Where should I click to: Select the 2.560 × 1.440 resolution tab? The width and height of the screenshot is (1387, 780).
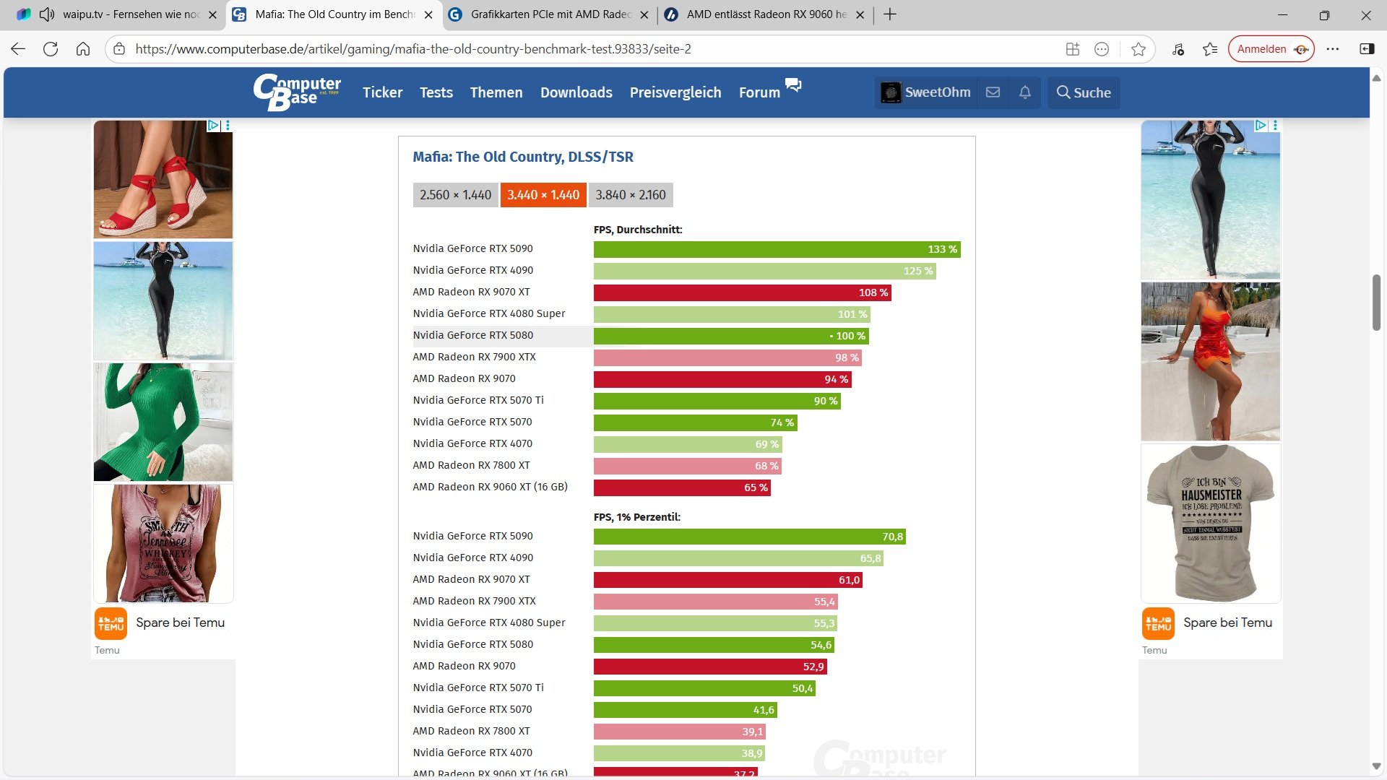tap(455, 195)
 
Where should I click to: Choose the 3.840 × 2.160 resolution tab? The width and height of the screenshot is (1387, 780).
tap(630, 195)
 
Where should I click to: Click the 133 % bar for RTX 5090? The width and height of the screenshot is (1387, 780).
tap(777, 249)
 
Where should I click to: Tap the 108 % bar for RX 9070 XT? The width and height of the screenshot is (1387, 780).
tap(742, 292)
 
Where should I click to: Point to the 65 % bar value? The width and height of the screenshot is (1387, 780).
tap(756, 487)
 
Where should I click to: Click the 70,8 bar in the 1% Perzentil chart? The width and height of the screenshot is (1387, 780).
tap(749, 537)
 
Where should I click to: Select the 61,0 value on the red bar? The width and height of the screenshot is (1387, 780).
tap(849, 580)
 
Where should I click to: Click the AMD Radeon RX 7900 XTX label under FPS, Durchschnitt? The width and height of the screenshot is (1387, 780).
tap(474, 357)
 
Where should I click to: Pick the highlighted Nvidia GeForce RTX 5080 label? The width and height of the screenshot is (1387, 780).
tap(472, 335)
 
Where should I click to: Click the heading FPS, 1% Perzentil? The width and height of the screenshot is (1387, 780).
tap(636, 517)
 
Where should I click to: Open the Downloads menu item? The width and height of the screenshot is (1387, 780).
tap(576, 92)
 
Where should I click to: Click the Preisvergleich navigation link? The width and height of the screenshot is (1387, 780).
tap(675, 92)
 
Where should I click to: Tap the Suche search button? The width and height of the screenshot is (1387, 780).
tap(1084, 92)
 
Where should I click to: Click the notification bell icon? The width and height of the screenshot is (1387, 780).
tap(1024, 92)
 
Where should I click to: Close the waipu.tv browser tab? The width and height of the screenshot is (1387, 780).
tap(212, 14)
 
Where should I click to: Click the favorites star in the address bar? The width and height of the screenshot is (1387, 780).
tap(1138, 49)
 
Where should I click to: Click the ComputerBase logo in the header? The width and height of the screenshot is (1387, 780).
tap(297, 92)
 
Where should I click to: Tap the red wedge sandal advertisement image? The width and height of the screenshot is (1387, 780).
tap(163, 179)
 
